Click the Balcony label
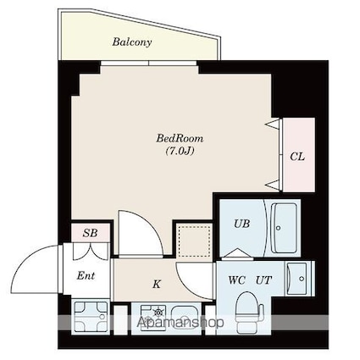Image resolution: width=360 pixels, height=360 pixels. pos(132,41)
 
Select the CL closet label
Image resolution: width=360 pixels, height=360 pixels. pos(296,156)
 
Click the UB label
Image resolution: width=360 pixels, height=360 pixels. pos(241,224)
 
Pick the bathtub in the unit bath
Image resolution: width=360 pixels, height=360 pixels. pos(283,227)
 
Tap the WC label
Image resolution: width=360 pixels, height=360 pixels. pos(238,279)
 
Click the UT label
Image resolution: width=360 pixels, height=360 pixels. pos(263,279)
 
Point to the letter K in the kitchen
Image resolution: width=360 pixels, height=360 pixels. pos(157,285)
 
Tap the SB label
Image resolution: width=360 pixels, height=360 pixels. pos(87,232)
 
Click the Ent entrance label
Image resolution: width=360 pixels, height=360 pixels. pos(86,276)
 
